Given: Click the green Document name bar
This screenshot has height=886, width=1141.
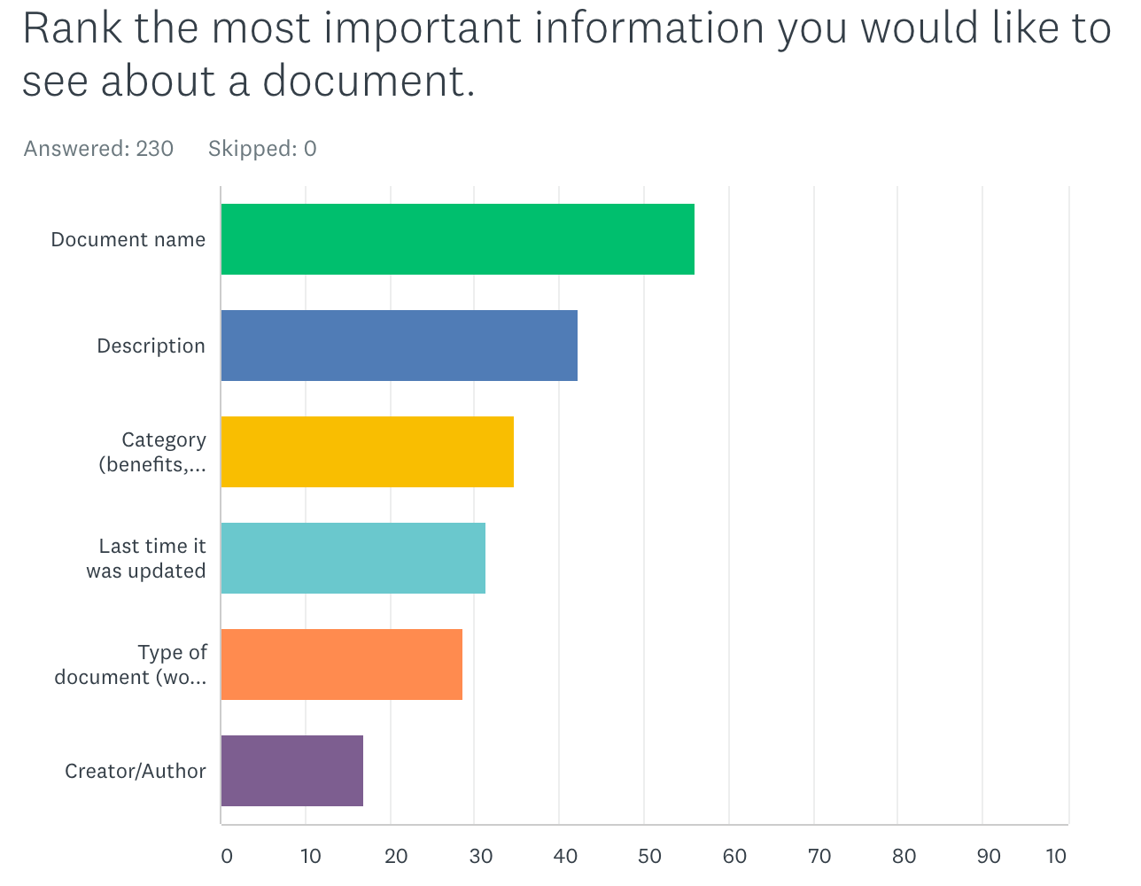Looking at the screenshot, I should click(457, 239).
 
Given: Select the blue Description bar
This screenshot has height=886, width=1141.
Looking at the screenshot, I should click(399, 346).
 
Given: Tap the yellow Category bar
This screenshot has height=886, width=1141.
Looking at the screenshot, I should click(367, 452).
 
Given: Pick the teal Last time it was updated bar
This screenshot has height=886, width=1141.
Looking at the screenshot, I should click(353, 558).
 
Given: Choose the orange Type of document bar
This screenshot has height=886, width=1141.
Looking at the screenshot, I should click(341, 664).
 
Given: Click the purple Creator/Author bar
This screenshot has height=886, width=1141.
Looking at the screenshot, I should click(291, 771).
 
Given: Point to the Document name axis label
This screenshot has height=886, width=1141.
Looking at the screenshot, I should click(128, 239).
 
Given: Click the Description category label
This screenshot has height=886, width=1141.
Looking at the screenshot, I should click(151, 346).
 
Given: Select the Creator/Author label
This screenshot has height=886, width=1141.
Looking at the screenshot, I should click(135, 771).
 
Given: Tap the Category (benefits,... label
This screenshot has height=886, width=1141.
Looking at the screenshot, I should click(152, 452).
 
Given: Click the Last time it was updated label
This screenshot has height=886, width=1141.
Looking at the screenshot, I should click(146, 558).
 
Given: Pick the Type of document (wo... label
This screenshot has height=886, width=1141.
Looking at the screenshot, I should click(130, 664).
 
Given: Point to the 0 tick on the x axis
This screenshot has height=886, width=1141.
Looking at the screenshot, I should click(227, 856).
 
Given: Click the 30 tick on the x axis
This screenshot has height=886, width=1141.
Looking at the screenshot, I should click(481, 856).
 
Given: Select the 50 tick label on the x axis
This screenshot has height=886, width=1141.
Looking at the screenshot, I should click(650, 856).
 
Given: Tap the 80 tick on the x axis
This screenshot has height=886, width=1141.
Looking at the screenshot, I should click(904, 856).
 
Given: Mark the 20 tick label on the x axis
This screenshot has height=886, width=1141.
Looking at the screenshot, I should click(396, 856).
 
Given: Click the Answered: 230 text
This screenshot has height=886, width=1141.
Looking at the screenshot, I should click(98, 148).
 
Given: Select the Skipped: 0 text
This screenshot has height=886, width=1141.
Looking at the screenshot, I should click(262, 148).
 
